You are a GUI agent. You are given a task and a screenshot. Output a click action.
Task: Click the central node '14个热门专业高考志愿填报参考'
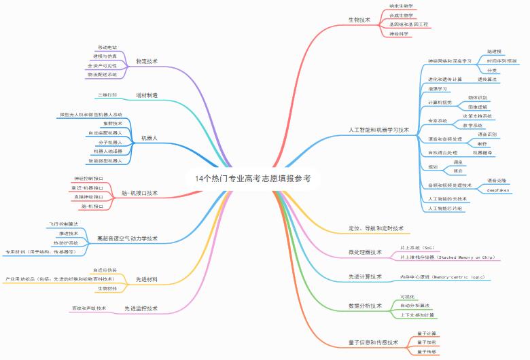252,179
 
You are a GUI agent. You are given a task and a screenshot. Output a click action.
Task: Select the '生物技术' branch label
359,20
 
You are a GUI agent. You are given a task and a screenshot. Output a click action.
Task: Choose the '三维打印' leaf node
107,94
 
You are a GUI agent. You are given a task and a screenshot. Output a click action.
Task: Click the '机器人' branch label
149,138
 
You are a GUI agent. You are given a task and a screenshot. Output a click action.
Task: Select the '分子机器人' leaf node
106,143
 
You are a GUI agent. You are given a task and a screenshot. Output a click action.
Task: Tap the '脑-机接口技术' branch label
139,193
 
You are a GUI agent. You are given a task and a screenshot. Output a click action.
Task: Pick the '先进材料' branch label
147,279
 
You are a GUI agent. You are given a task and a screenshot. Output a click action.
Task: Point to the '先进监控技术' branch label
141,308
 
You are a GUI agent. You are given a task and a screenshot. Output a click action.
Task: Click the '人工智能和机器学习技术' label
378,129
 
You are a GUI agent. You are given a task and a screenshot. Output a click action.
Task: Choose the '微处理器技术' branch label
365,253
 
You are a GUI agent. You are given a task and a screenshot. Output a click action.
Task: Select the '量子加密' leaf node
427,342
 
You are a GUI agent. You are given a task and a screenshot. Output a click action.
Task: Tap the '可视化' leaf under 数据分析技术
408,297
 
